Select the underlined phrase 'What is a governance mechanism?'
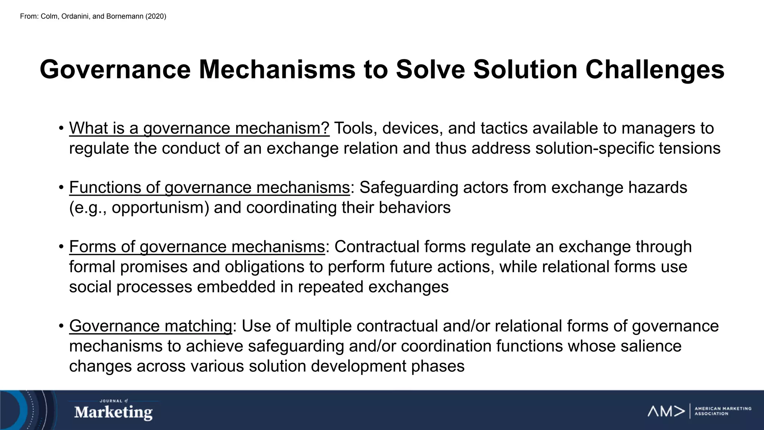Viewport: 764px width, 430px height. (199, 128)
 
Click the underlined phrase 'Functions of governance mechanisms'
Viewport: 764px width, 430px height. (209, 187)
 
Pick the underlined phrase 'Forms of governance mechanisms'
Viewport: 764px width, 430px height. (197, 247)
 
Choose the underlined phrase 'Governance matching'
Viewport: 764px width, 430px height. (151, 326)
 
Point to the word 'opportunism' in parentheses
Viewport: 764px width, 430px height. (160, 208)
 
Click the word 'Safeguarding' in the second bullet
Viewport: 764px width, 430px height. (408, 187)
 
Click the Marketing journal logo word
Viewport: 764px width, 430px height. (113, 412)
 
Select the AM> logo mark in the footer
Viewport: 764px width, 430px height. (666, 411)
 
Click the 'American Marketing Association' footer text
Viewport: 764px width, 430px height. (723, 411)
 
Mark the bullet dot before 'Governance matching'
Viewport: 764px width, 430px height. (61, 326)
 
